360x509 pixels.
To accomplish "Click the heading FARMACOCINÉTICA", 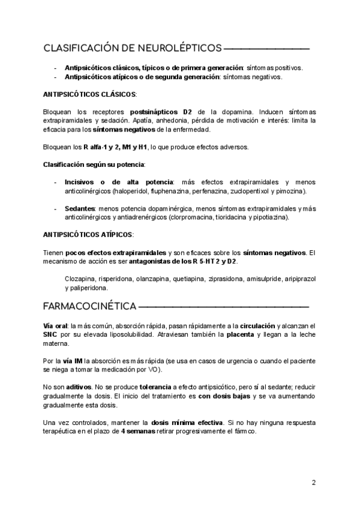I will [90, 306].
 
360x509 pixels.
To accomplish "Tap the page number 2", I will [313, 483].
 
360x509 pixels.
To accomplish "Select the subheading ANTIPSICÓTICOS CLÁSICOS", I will [90, 95].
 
